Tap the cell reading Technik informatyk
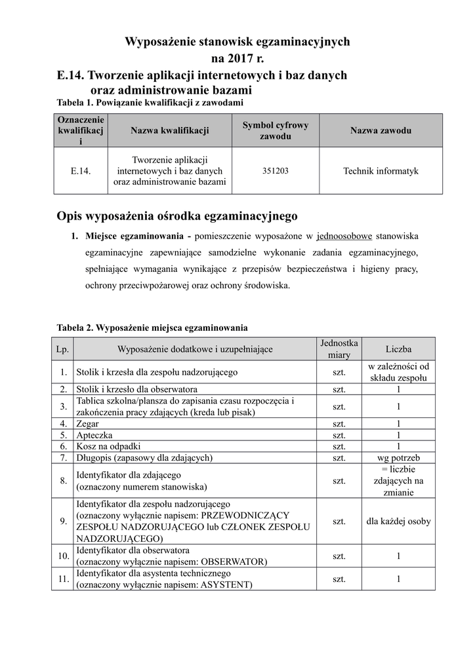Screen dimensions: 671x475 [381, 170]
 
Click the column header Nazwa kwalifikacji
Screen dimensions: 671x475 [170, 131]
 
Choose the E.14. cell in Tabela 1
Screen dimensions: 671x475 [80, 170]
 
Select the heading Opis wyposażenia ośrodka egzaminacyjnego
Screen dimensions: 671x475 [177, 216]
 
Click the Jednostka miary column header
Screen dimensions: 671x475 [339, 349]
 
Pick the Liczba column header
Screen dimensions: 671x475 [398, 349]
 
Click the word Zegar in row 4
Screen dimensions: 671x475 [88, 423]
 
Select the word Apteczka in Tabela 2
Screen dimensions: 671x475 [94, 434]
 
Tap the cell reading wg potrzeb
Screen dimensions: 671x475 [398, 457]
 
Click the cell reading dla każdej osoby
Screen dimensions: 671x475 [398, 522]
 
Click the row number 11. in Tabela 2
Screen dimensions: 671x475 [64, 579]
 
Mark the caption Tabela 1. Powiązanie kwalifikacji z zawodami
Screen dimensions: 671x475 [150, 103]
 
